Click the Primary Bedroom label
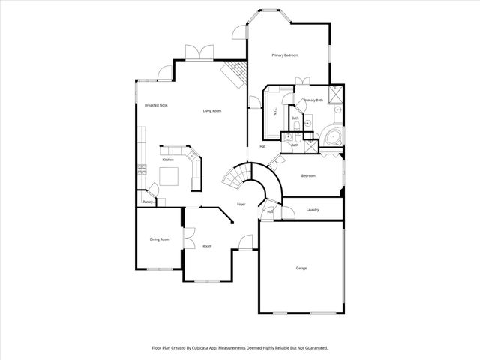pos(285,55)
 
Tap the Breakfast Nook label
pos(156,105)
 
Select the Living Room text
pos(212,111)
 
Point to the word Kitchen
pos(168,160)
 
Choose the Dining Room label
pos(159,239)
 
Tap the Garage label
pos(301,268)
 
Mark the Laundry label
pos(313,210)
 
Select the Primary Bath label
pos(313,100)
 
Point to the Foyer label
pos(241,204)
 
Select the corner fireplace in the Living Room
pos(231,74)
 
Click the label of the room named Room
pos(207,246)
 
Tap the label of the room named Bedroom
pos(308,176)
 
